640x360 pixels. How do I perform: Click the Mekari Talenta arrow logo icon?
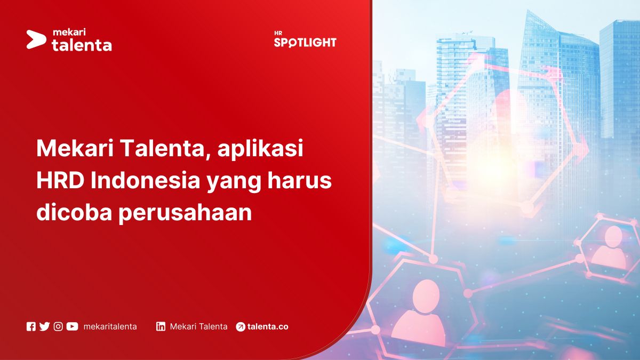(x=36, y=39)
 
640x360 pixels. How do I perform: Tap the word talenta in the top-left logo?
(x=82, y=45)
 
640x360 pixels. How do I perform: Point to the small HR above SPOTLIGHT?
(x=278, y=33)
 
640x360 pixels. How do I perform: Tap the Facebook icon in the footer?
(x=31, y=326)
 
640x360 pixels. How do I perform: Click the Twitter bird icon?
(x=44, y=326)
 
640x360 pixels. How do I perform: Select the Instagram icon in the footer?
(x=58, y=326)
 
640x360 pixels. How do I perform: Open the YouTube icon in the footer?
(x=72, y=326)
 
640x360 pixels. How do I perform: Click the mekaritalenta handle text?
(x=110, y=326)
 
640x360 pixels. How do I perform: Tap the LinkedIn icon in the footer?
(x=161, y=326)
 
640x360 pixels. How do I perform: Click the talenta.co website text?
(x=268, y=326)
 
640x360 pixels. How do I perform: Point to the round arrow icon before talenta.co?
(x=241, y=327)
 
